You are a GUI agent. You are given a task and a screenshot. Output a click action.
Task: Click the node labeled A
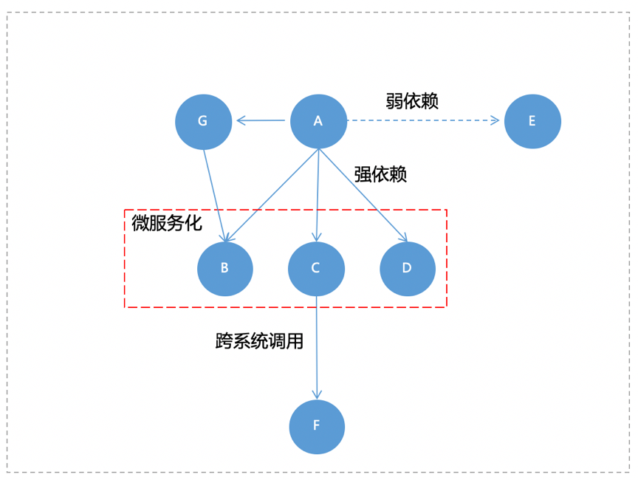[318, 121]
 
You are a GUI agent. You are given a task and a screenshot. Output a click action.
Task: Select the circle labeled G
[203, 121]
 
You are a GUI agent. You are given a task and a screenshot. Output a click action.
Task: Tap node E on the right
[532, 121]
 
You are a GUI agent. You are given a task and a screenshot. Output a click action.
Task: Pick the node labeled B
[225, 268]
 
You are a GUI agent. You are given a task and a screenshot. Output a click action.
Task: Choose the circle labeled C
[316, 268]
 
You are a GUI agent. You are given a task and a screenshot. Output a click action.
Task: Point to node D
[408, 268]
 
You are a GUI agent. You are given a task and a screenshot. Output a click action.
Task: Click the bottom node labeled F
[317, 426]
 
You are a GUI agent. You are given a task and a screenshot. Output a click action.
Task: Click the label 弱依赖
[411, 101]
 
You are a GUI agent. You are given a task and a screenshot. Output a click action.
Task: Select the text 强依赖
[380, 174]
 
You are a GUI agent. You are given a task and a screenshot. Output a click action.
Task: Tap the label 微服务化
[166, 223]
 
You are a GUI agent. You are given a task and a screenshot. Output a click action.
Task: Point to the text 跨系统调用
[259, 341]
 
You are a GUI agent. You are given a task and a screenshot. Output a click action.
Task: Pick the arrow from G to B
[214, 193]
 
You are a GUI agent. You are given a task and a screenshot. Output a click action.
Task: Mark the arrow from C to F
[317, 347]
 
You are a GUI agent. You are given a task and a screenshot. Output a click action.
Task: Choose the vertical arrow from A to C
[318, 196]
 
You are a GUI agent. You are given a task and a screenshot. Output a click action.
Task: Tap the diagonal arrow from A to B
[272, 196]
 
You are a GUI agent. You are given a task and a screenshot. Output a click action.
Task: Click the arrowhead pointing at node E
[497, 120]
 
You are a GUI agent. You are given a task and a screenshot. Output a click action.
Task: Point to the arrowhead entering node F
[317, 395]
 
